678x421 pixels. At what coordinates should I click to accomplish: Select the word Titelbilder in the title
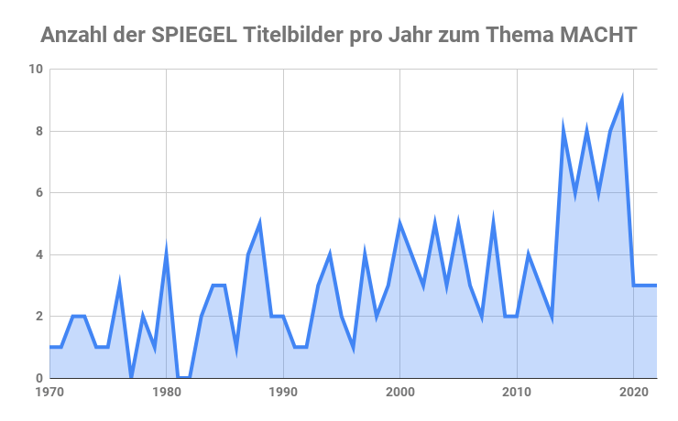click(293, 36)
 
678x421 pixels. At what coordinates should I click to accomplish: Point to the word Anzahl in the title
click(75, 36)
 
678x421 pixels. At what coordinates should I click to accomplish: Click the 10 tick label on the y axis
click(35, 69)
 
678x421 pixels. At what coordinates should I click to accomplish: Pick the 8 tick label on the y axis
click(38, 131)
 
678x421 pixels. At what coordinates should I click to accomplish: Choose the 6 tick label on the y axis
click(38, 192)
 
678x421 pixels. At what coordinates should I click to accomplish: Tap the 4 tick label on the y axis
click(38, 254)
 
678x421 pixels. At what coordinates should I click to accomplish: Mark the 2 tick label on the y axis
click(38, 316)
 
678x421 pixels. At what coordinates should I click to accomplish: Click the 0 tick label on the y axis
click(38, 378)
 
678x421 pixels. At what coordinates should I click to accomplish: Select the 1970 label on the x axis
click(49, 393)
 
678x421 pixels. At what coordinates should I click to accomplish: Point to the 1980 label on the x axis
click(166, 393)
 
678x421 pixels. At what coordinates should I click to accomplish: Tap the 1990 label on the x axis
click(283, 393)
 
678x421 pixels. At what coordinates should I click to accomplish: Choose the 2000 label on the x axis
click(400, 393)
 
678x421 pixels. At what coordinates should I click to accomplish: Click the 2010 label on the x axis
click(518, 393)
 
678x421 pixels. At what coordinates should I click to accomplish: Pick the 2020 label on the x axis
click(634, 393)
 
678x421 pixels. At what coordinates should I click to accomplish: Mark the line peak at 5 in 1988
click(260, 223)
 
